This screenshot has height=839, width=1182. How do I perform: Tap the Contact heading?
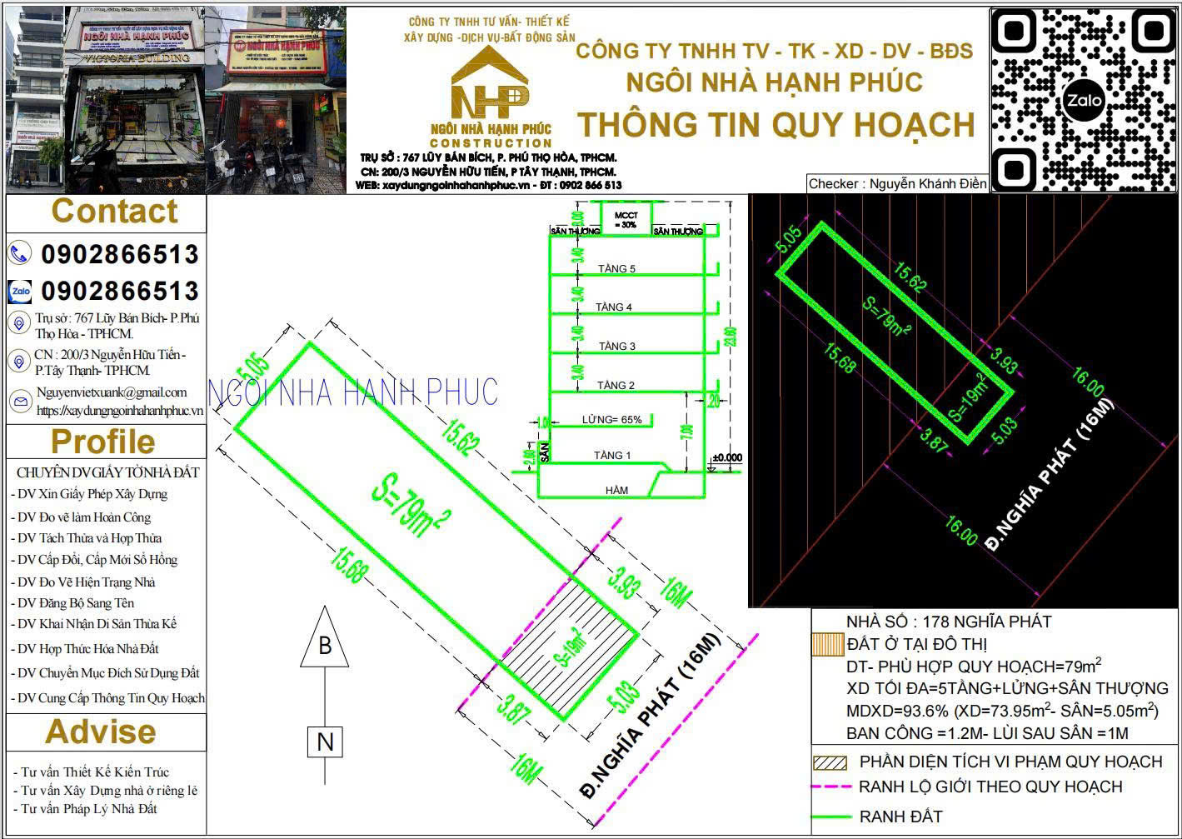click(114, 212)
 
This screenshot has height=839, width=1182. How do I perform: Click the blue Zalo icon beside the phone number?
click(20, 292)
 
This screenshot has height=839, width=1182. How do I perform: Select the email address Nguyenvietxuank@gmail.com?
click(111, 392)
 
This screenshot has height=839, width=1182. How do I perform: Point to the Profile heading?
click(102, 442)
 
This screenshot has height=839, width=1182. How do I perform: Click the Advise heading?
click(100, 732)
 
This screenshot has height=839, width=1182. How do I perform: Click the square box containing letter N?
click(325, 742)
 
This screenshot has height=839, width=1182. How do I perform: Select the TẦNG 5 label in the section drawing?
click(616, 269)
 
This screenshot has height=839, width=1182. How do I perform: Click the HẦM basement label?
click(617, 491)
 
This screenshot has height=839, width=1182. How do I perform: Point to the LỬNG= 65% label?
click(612, 420)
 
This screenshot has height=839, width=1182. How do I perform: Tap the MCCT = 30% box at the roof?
click(626, 220)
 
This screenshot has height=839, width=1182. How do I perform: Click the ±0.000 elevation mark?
click(727, 458)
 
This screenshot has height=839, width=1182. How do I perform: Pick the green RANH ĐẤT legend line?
click(831, 817)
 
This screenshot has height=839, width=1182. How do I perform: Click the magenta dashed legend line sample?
click(831, 787)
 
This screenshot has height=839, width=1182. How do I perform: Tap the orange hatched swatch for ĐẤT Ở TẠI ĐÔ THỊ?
click(828, 645)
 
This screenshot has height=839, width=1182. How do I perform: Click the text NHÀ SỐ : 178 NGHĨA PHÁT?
click(948, 622)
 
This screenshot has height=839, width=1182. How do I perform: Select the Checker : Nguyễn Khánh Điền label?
click(897, 184)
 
